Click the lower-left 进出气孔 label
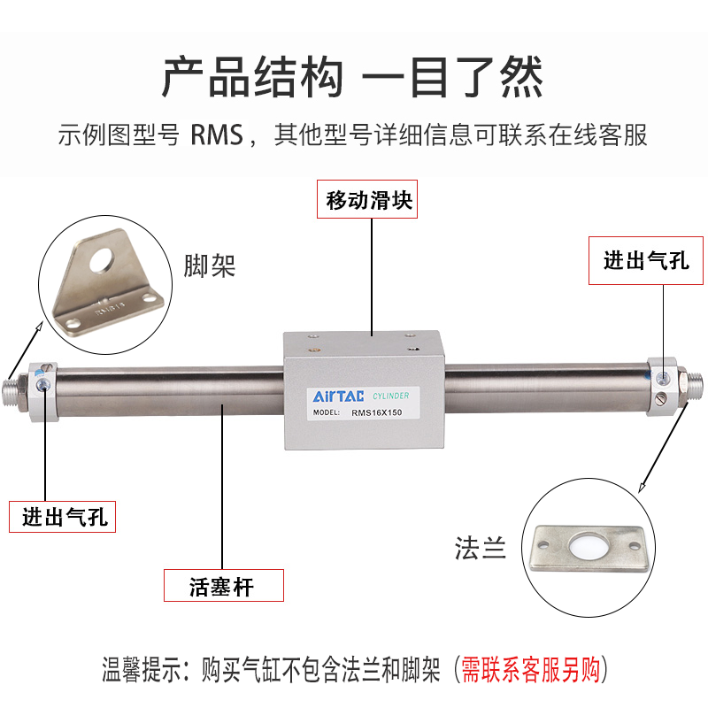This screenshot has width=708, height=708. (x=64, y=517)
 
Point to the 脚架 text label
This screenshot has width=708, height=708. (x=210, y=266)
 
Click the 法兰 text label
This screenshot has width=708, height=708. (x=481, y=549)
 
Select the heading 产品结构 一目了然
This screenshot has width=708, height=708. (x=353, y=79)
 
